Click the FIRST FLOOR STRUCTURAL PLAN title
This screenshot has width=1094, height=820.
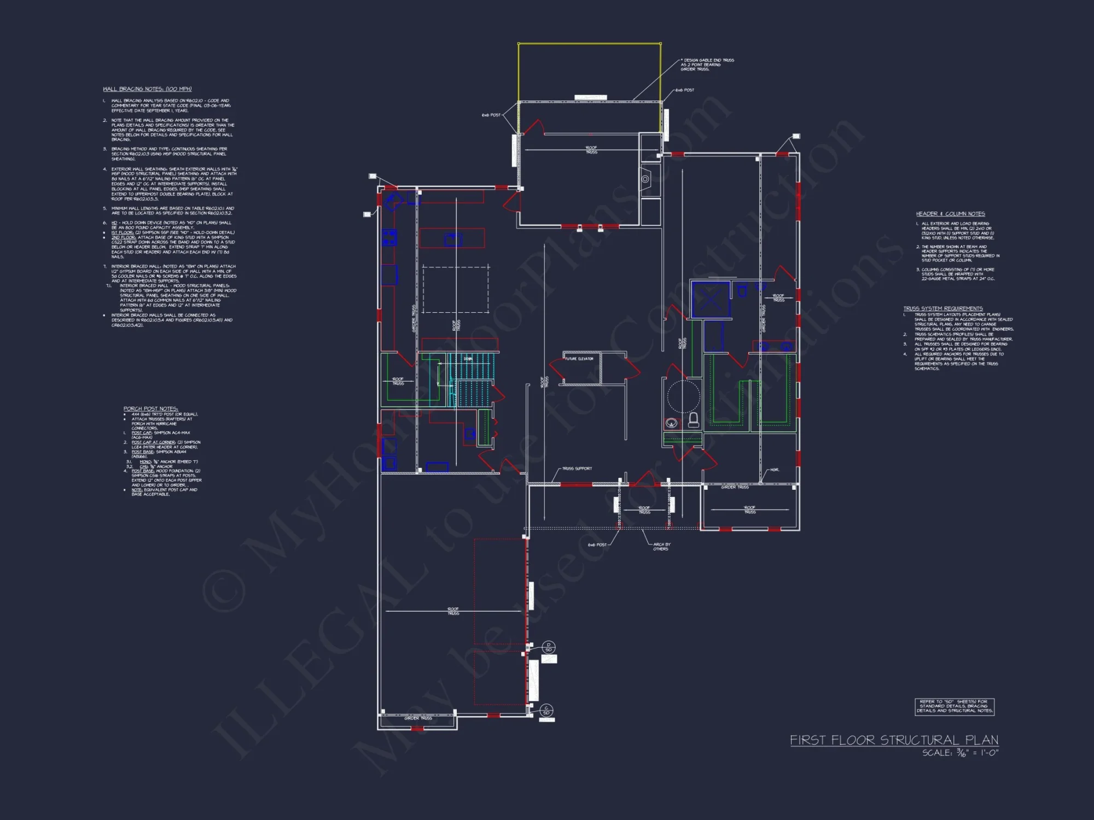[x=894, y=740]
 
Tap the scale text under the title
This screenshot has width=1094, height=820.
[x=960, y=753]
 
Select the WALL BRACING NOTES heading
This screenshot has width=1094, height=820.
[x=147, y=89]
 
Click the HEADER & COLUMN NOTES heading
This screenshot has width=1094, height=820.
[x=950, y=214]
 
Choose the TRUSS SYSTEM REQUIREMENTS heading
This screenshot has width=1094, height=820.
[x=943, y=308]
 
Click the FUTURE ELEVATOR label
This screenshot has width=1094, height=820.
[x=579, y=359]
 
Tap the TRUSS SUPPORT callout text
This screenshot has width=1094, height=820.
[x=577, y=468]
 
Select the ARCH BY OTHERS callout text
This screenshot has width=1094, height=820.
[x=661, y=547]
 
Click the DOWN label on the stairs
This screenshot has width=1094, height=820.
[x=468, y=359]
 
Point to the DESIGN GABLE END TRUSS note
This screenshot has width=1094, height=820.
[x=707, y=65]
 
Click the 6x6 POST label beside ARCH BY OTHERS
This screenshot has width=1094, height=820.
[x=597, y=545]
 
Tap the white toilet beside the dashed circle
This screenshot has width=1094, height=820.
[x=693, y=420]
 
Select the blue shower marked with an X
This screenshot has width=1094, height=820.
[x=711, y=299]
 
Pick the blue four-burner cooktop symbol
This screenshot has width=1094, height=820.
[x=389, y=238]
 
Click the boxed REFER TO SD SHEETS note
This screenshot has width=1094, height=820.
[x=954, y=706]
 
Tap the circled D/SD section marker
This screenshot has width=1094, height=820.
[x=549, y=647]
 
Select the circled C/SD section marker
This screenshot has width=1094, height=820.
[x=546, y=711]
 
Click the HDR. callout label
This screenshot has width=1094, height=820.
[x=774, y=470]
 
